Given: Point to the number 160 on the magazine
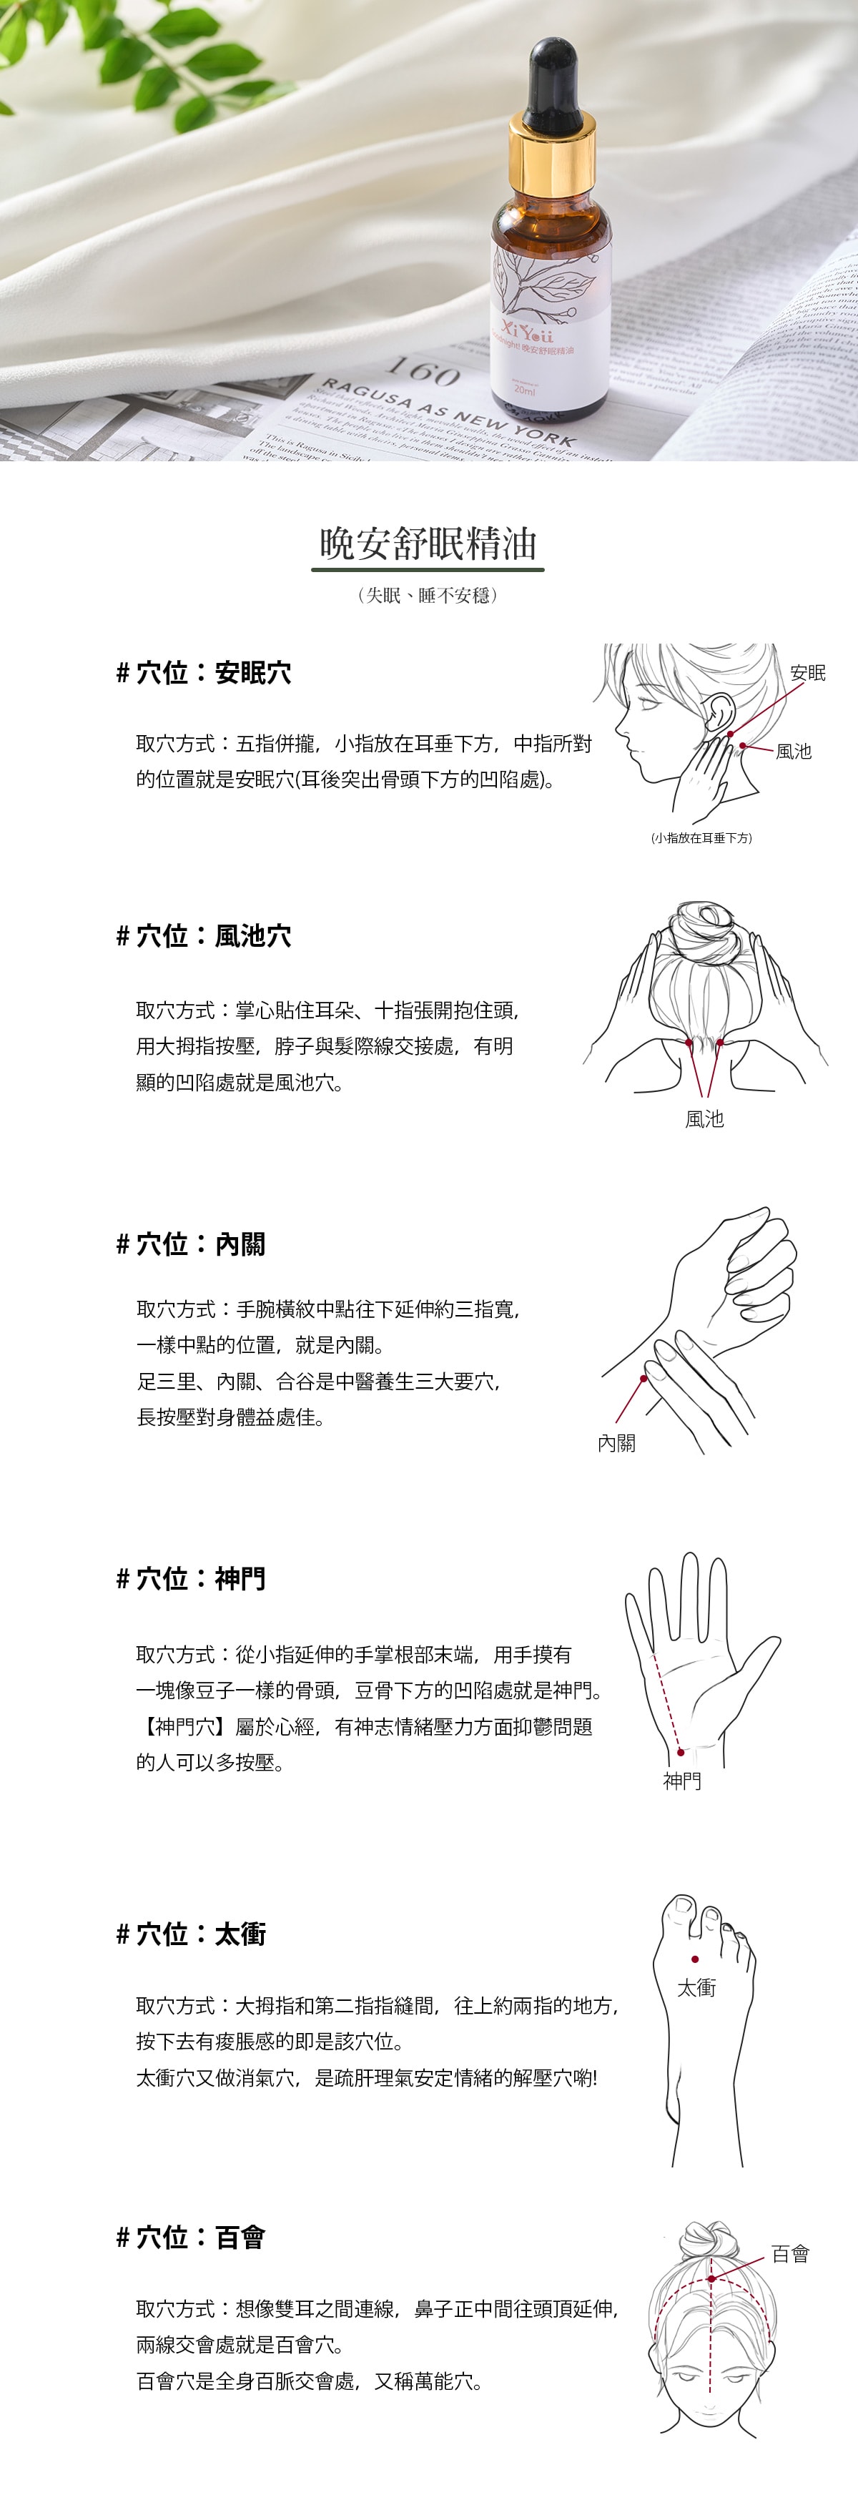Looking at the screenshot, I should [423, 372].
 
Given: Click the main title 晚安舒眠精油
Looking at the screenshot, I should [428, 544].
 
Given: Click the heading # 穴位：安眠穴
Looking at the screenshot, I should [203, 673].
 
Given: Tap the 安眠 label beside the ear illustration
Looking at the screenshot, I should [808, 673].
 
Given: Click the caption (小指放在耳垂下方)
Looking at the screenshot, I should [701, 838].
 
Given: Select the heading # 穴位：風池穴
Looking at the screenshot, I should [203, 935].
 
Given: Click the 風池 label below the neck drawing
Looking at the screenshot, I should [704, 1118].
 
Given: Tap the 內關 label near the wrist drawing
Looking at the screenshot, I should [617, 1443].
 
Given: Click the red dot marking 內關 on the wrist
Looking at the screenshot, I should [643, 1377].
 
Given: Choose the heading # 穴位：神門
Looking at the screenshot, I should [191, 1579].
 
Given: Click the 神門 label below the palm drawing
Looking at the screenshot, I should [681, 1780].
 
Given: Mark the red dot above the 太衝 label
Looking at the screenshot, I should [695, 1959].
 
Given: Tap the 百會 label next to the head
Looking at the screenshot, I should [790, 2254].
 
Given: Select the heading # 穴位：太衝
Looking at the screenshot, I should [191, 1934].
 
